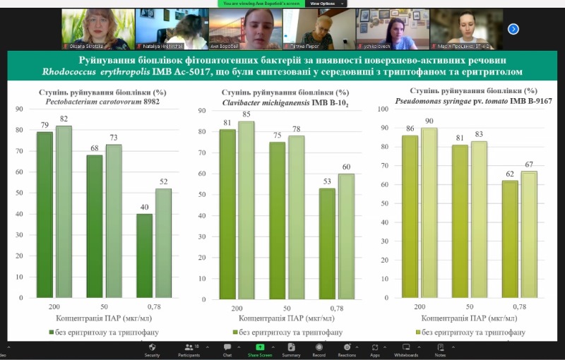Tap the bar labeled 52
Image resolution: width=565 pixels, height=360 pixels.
click(164, 243)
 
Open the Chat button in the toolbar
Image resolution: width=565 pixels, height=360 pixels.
click(227, 349)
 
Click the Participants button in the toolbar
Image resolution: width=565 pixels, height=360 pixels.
click(189, 349)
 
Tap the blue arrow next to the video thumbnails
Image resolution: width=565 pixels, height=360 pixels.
click(513, 29)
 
